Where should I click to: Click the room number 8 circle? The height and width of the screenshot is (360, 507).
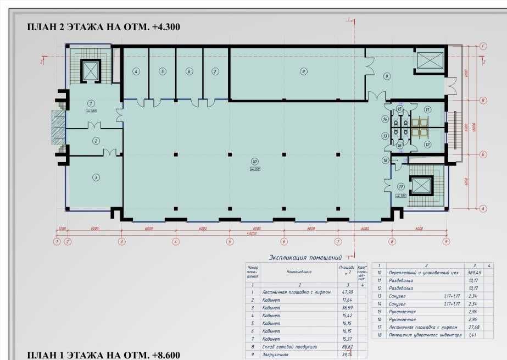pos(302,71)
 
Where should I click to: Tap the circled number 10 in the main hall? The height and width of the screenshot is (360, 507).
pos(254,162)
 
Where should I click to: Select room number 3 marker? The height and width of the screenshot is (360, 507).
pos(96,177)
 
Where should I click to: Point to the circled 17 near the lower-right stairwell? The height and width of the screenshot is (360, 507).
pos(402,186)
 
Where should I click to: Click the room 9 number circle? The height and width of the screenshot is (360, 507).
pos(387,76)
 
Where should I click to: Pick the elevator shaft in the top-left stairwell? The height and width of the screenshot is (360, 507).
pos(90,70)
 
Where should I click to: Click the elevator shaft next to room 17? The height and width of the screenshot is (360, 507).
pos(422,186)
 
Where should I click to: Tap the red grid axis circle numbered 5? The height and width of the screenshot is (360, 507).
pos(230,241)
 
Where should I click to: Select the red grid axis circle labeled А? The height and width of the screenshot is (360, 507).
pos(483,208)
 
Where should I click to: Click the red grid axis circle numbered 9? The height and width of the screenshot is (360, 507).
pos(446,241)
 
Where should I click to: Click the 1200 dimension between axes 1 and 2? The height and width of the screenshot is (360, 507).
pos(62,228)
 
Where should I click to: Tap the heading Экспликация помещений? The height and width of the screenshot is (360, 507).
pos(305,257)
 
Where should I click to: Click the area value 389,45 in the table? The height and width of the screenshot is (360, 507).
pos(458,273)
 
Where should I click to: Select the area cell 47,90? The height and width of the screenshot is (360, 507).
pos(346,292)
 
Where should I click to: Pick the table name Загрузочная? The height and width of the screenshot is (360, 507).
pos(275,355)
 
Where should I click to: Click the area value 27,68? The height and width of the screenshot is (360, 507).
pos(458,327)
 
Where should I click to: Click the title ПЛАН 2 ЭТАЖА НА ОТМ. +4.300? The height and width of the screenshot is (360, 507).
pos(104,27)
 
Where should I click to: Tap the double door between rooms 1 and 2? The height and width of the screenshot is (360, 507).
pos(95,127)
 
